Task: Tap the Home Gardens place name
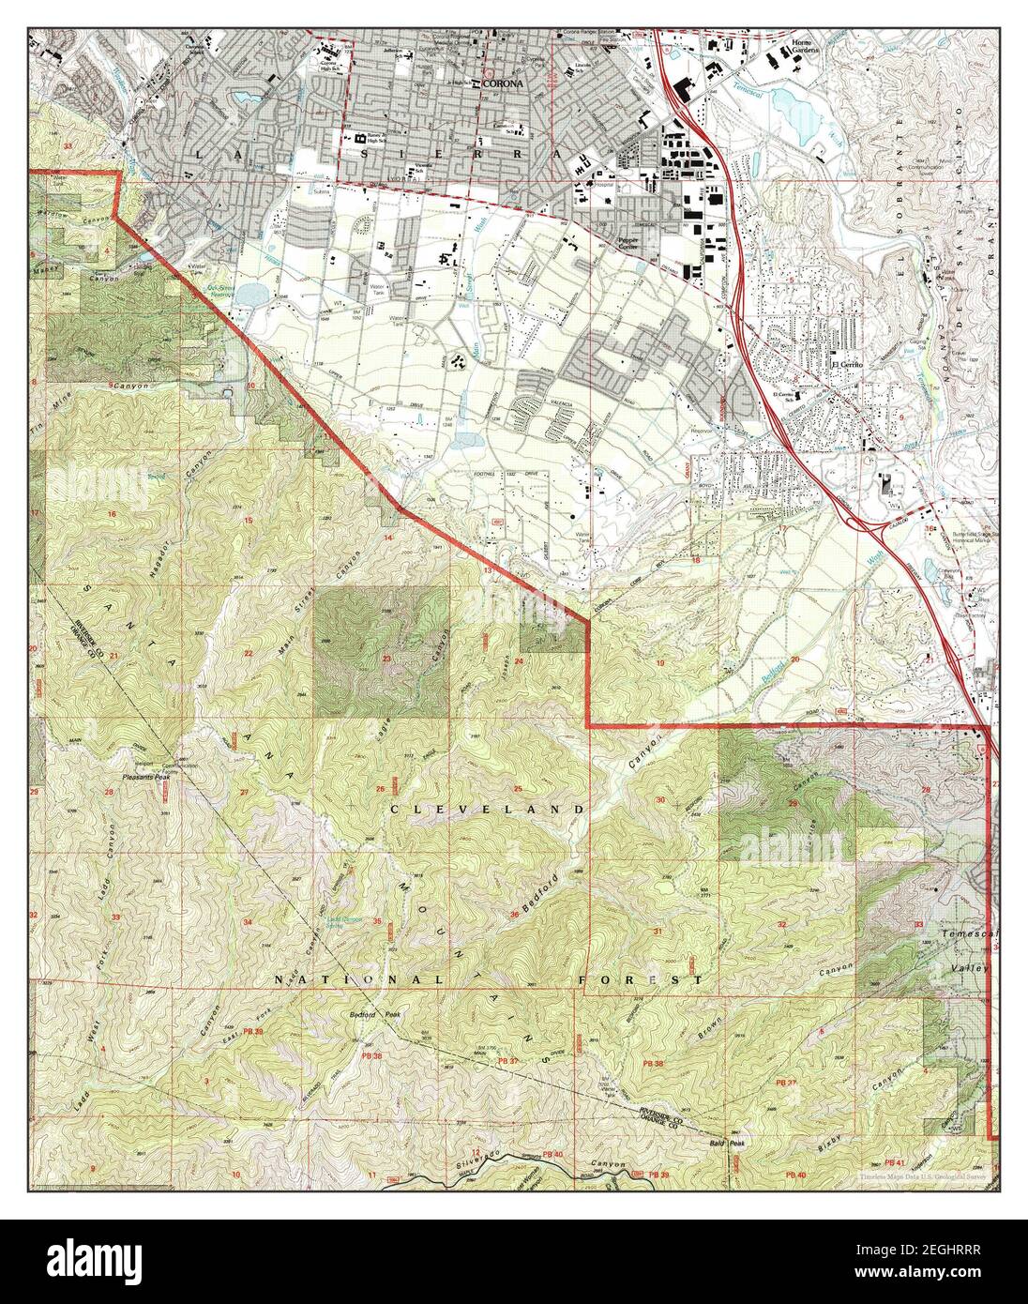[805, 47]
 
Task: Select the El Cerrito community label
[846, 365]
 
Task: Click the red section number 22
[249, 653]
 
